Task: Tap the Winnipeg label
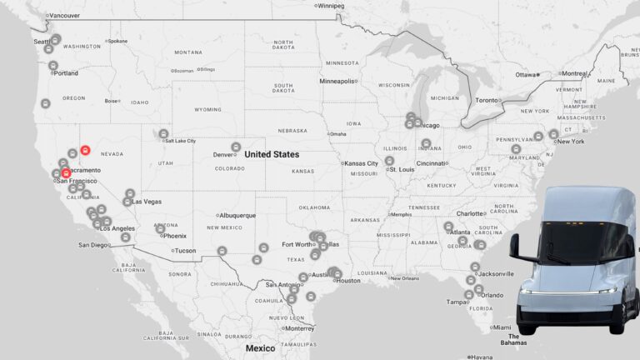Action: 331,6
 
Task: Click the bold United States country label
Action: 272,154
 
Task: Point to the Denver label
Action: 222,154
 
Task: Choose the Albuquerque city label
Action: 237,215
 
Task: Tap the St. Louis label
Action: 402,169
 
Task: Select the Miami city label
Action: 502,327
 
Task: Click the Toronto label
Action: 487,100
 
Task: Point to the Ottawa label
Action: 526,75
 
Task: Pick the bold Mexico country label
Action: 260,348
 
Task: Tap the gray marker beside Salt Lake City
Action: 163,133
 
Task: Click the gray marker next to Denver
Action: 236,147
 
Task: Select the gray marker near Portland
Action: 52,65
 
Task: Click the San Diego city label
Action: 93,245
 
